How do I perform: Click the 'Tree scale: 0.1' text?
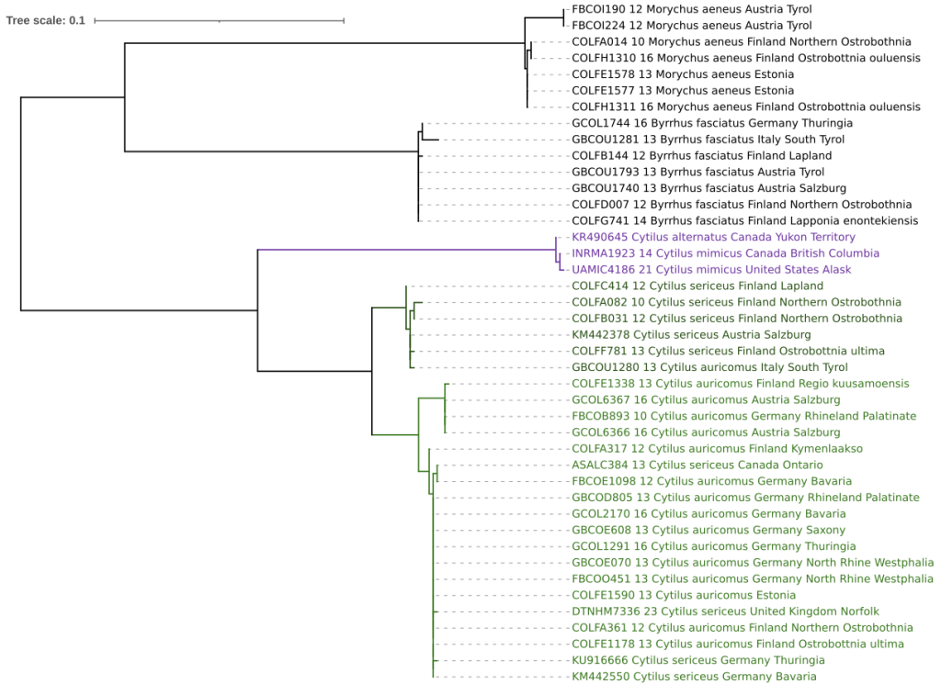click(46, 20)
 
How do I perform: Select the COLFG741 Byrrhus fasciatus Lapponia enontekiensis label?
click(744, 221)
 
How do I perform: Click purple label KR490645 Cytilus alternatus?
click(713, 237)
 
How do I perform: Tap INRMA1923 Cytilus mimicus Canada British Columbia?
click(725, 253)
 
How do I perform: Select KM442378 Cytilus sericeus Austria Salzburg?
click(691, 335)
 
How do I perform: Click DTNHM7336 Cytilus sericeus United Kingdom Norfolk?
click(725, 611)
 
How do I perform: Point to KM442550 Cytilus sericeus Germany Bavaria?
click(693, 677)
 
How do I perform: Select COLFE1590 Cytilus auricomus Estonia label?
click(684, 595)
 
